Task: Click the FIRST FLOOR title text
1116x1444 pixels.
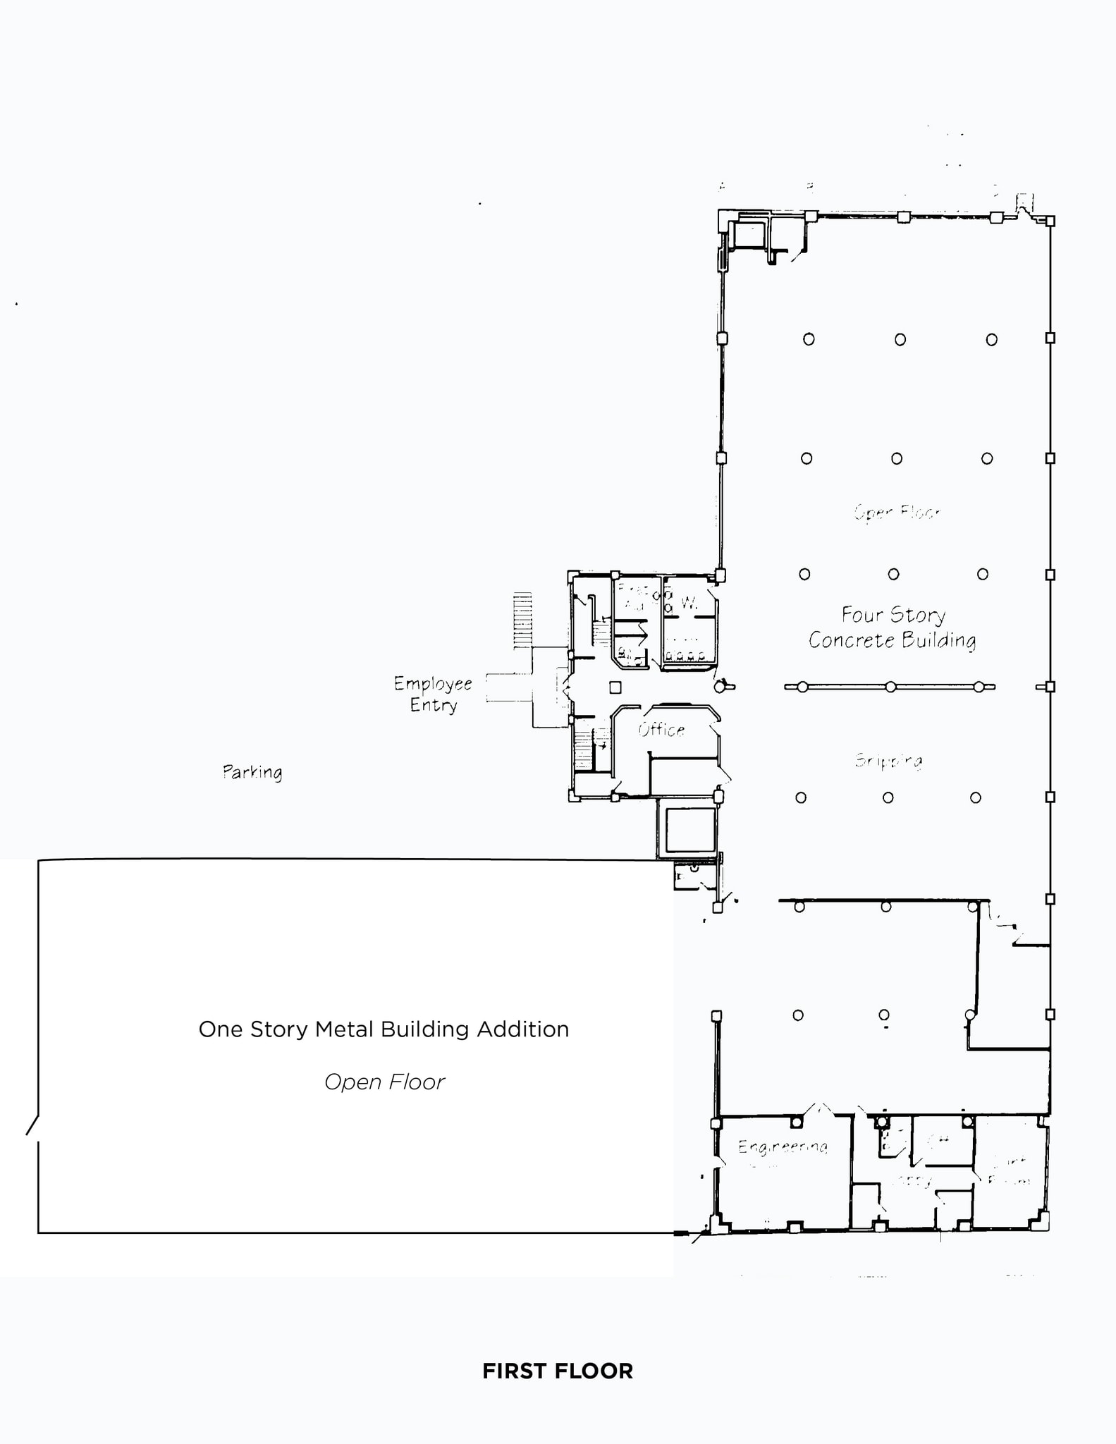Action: pos(557,1371)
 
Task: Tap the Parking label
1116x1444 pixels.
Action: pos(252,772)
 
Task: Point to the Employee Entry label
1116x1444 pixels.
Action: pos(433,694)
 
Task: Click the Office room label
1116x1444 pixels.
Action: pos(661,730)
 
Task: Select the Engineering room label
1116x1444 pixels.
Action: pos(783,1147)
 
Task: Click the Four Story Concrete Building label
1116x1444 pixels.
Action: pos(893,628)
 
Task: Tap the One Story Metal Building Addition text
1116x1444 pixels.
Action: pos(384,1029)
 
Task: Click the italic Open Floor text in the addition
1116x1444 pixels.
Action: pos(384,1082)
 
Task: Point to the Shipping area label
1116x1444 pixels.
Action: pos(888,760)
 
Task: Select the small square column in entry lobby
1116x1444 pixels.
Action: pos(615,687)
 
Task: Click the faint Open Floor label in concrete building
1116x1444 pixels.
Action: pos(897,512)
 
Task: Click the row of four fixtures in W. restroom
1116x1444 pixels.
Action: pos(686,656)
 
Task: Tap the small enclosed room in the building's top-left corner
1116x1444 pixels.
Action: pos(749,235)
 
